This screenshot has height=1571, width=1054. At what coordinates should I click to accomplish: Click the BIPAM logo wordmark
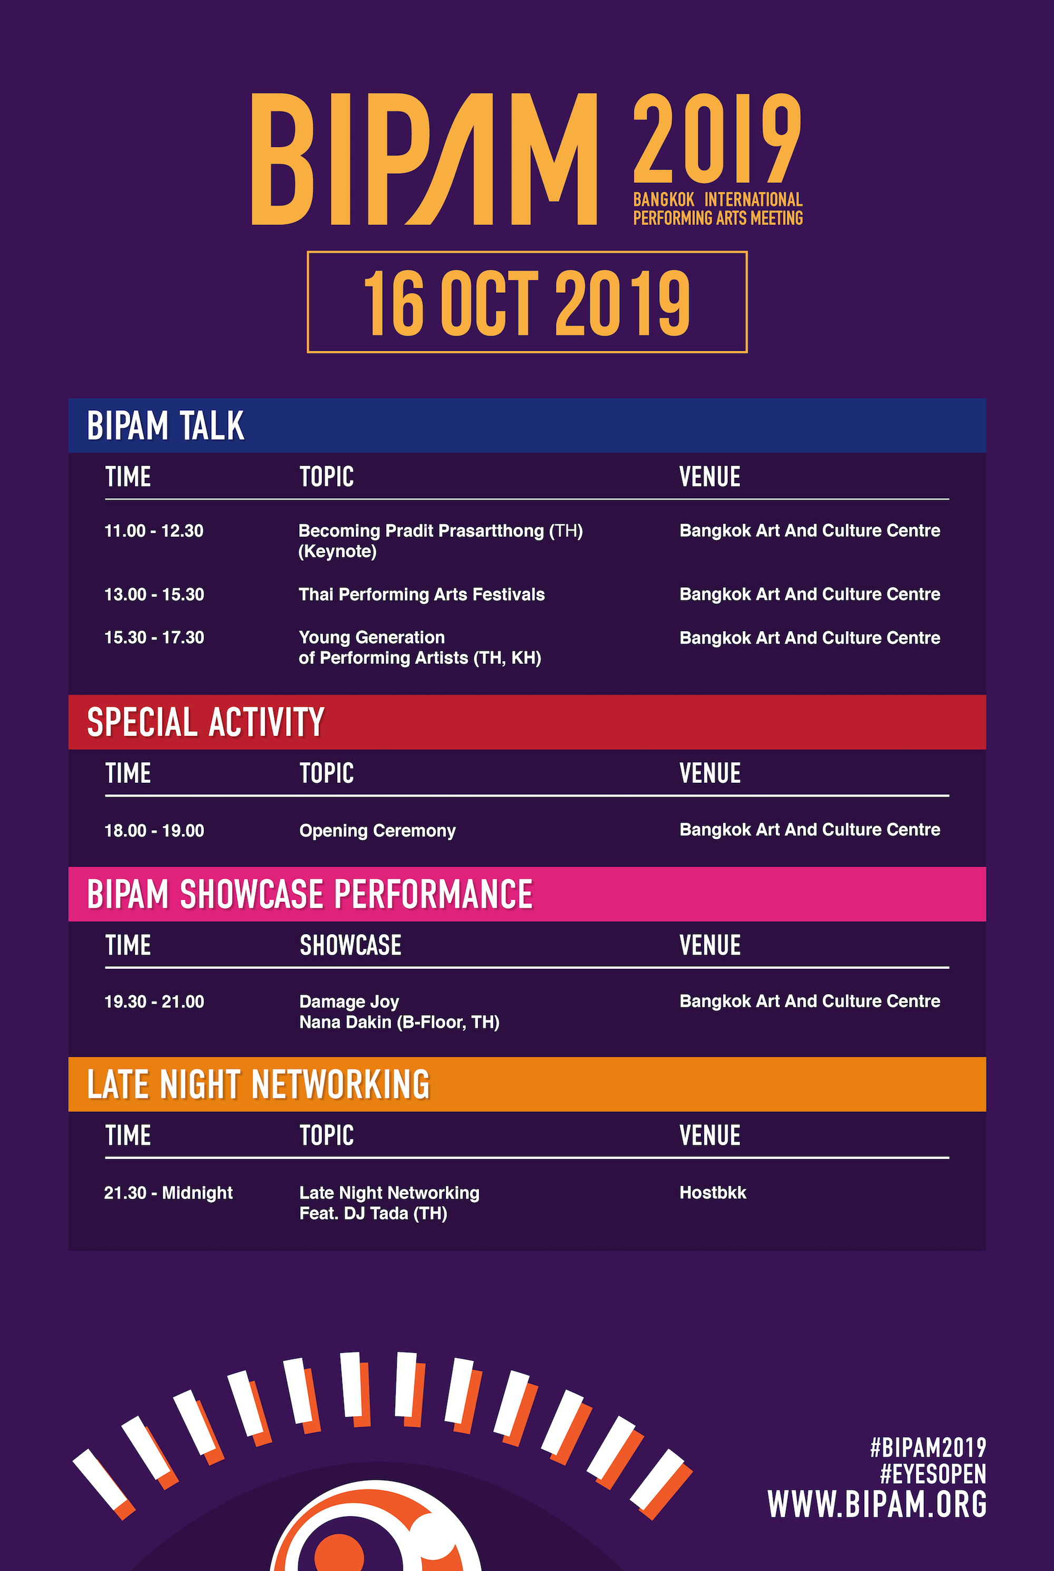tap(424, 159)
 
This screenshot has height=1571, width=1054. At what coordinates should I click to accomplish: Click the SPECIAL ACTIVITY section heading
tap(206, 722)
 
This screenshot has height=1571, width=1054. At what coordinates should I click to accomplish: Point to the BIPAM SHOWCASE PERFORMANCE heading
tap(309, 895)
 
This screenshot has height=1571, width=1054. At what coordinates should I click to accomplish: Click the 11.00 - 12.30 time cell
tap(154, 531)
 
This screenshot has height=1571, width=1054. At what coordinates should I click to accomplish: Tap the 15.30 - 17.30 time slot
tap(154, 637)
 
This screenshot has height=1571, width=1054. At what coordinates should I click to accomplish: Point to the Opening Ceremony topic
tap(377, 830)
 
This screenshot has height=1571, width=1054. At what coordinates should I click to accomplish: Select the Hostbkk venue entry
tap(713, 1193)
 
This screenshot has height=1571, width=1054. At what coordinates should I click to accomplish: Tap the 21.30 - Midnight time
tap(168, 1193)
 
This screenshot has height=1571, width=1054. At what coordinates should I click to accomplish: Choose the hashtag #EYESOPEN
tap(933, 1474)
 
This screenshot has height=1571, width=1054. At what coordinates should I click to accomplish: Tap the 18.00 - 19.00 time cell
tap(154, 830)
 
